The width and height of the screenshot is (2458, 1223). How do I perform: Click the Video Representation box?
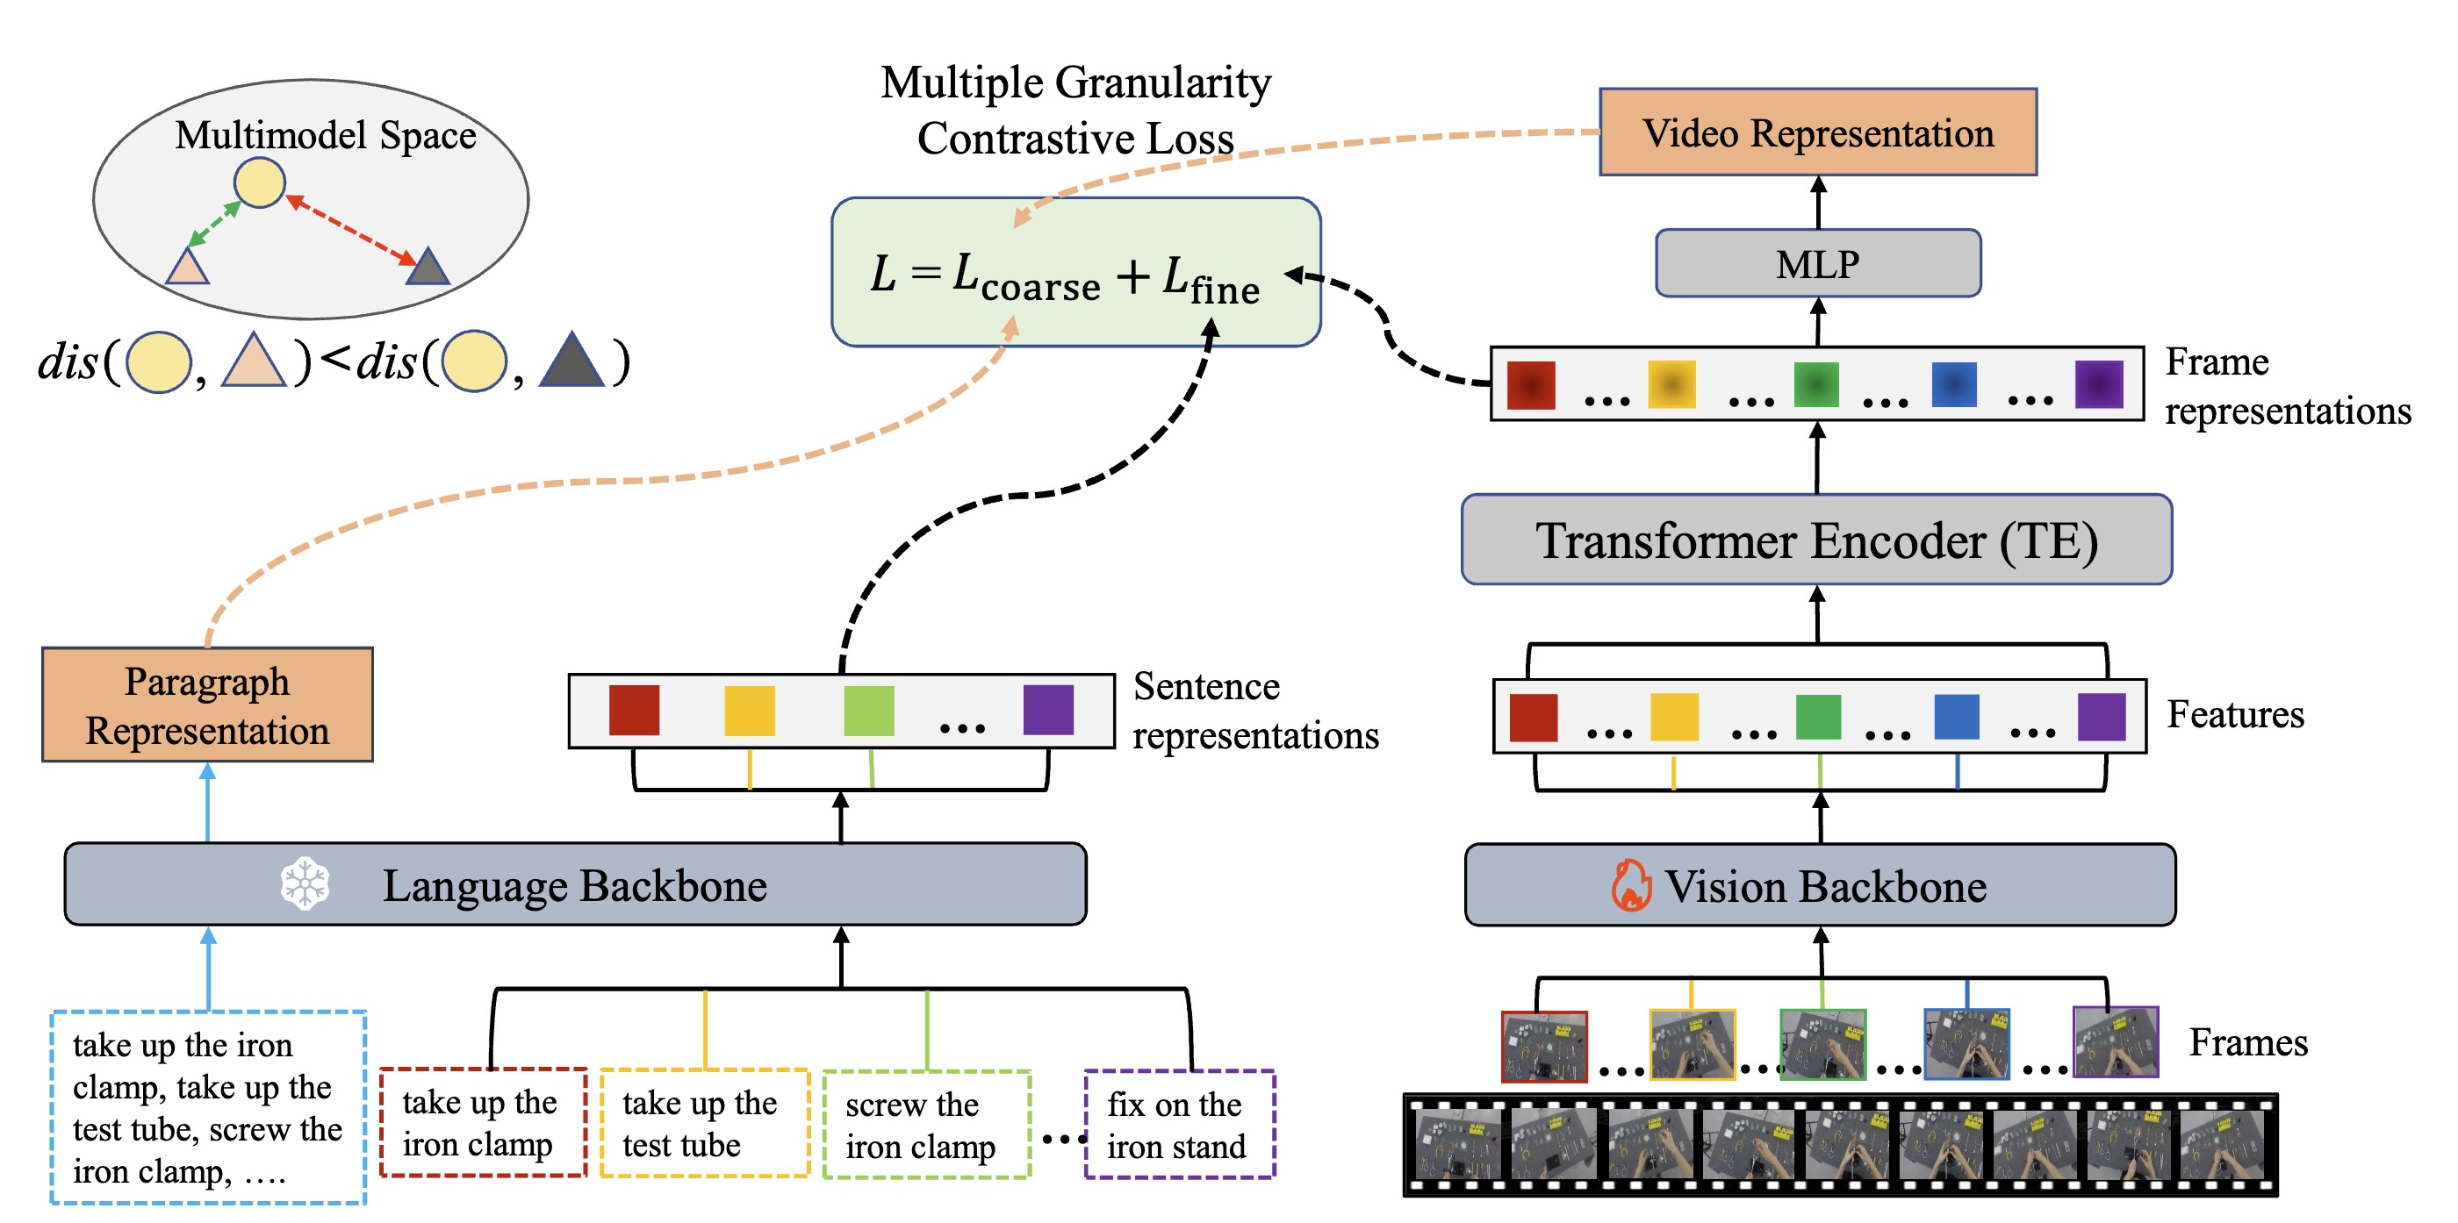click(x=1817, y=132)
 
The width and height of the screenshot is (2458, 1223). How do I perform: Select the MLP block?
click(x=1817, y=263)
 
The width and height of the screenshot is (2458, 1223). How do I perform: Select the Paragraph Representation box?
click(x=207, y=705)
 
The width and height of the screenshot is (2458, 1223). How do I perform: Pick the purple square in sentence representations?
click(x=1047, y=711)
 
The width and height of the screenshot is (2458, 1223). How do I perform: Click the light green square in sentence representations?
click(x=868, y=711)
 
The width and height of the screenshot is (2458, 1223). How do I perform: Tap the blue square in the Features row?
click(x=1956, y=718)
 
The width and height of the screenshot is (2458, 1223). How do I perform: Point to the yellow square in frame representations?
click(x=1671, y=384)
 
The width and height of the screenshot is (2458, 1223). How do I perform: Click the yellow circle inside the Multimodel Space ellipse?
click(x=260, y=182)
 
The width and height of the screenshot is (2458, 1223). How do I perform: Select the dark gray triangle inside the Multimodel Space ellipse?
click(x=428, y=268)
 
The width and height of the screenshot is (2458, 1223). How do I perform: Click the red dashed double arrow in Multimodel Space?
click(x=351, y=231)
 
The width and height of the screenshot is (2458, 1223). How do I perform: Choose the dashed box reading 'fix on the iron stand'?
click(x=1179, y=1125)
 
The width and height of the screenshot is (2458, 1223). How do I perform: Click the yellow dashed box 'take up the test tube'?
click(x=704, y=1124)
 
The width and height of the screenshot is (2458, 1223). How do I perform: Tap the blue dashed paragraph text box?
click(x=208, y=1107)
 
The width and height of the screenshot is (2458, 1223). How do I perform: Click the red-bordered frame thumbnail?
click(x=1543, y=1047)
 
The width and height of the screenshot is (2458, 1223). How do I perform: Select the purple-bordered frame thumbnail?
click(x=2115, y=1041)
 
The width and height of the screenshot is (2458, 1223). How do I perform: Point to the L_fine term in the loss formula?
click(x=1210, y=281)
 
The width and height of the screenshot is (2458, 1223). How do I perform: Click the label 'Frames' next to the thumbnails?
click(x=2247, y=1042)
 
